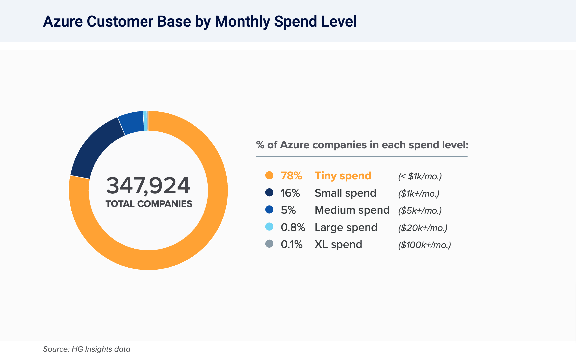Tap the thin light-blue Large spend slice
click(145, 121)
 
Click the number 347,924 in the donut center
click(148, 185)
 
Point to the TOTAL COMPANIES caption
click(149, 204)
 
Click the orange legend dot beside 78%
click(269, 175)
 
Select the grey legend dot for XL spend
click(269, 244)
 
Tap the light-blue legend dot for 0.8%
click(269, 227)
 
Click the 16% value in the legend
click(290, 193)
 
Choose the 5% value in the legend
click(288, 210)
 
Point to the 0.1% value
click(292, 244)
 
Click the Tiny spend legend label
click(343, 176)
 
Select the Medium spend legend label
click(352, 210)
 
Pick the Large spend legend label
click(346, 227)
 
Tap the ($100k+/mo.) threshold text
click(425, 245)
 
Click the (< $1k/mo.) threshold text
click(420, 176)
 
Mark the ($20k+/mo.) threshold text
click(423, 228)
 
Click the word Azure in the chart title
click(63, 21)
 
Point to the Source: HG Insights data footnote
click(87, 349)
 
